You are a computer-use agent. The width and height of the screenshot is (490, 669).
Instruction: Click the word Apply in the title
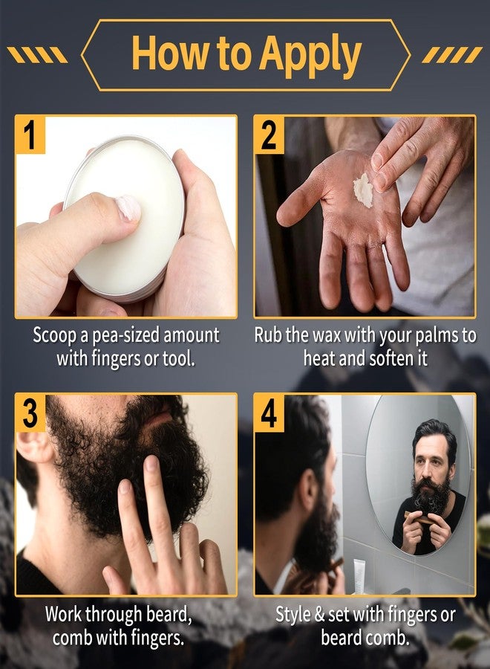310,55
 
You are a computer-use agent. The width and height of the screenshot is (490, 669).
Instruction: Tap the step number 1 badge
30,135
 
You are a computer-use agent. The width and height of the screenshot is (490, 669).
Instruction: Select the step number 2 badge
269,135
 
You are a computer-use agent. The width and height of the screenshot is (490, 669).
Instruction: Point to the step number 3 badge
30,413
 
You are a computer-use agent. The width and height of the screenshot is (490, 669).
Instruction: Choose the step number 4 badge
269,413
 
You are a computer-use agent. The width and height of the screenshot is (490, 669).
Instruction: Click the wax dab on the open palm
364,189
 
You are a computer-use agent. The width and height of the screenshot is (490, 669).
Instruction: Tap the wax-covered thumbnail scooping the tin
128,208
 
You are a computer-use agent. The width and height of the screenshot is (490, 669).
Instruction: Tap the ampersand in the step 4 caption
319,615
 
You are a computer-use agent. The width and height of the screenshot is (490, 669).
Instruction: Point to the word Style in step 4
293,615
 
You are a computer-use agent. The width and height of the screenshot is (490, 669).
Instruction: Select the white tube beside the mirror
359,575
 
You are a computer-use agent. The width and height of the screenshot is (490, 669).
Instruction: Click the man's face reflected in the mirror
431,459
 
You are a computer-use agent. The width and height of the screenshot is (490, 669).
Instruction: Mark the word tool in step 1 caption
178,358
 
